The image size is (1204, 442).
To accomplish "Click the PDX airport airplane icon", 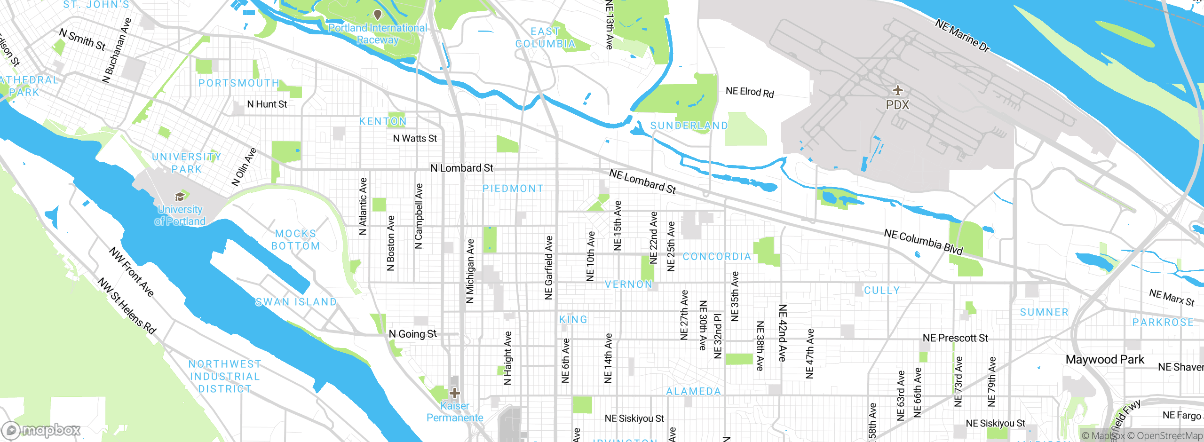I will coord(897,90).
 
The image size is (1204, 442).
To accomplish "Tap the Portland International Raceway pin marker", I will coord(377,15).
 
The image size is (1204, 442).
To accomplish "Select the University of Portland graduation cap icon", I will coord(179,197).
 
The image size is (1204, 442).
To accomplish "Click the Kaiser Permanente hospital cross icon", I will coord(454,393).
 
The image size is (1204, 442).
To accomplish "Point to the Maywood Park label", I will coord(1104,360).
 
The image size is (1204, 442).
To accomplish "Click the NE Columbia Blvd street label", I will coord(923,242).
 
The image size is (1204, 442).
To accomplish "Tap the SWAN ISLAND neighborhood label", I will coord(296,302).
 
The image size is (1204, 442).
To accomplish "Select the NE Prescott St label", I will coord(955,338).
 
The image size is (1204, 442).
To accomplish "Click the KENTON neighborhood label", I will coord(383,121).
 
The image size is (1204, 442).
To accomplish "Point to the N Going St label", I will coord(412,334).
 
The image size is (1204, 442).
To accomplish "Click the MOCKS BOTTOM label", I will coord(296,240).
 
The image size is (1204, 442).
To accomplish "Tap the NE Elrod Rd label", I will coord(750,92).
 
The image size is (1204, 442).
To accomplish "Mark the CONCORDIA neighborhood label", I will coord(717,257).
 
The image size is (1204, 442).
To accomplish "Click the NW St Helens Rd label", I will coord(127,306).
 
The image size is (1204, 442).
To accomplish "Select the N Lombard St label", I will coord(462,168).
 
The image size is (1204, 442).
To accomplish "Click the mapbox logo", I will coord(41,430).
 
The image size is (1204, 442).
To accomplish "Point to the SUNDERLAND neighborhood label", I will coord(689,126).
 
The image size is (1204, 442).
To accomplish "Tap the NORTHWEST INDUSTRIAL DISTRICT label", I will coord(225,377).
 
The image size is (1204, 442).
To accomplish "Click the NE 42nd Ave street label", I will coord(782,332).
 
